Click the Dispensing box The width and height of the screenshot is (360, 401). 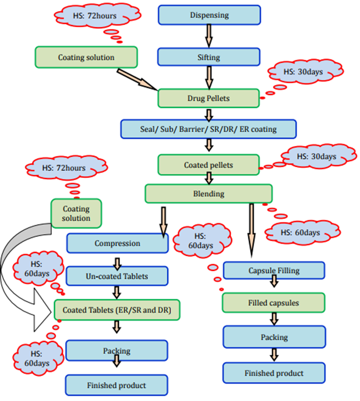point(209,15)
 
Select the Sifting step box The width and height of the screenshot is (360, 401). point(209,57)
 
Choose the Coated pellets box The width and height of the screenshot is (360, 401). point(208,165)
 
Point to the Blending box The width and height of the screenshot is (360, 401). point(209,194)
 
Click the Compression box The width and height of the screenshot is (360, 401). point(117,243)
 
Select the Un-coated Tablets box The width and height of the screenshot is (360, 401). point(117,275)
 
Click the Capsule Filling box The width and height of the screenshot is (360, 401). point(274,270)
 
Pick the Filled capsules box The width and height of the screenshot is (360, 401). point(274,303)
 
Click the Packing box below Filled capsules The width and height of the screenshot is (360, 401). point(274,337)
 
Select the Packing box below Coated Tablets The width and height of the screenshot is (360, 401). point(117,351)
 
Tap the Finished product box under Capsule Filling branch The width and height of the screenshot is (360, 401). point(274,373)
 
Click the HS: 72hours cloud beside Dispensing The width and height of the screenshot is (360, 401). point(95,17)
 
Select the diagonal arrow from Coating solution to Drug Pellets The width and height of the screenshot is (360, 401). point(137,77)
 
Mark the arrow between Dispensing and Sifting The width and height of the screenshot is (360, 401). point(209,36)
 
